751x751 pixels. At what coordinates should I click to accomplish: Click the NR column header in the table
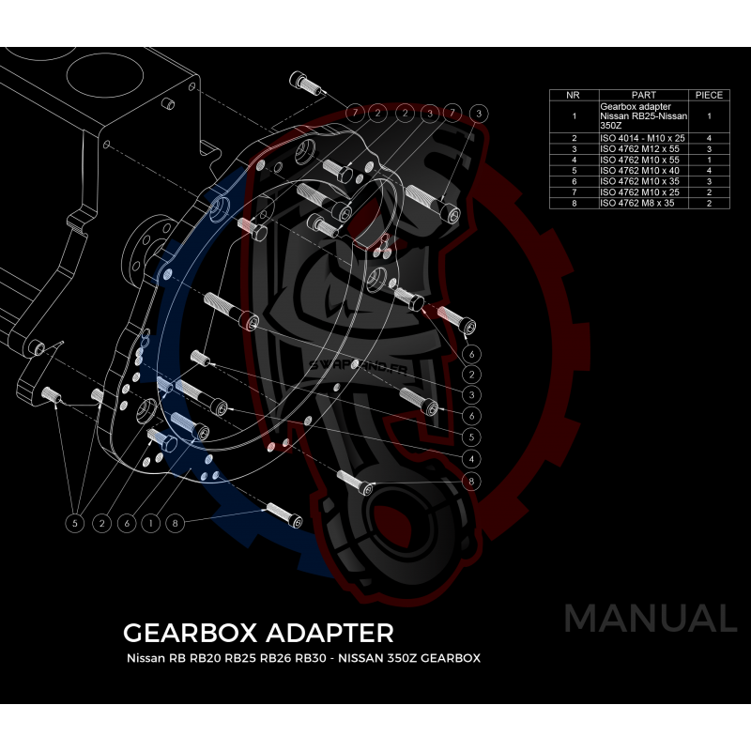(x=574, y=95)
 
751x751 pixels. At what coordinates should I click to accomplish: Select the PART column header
(x=643, y=95)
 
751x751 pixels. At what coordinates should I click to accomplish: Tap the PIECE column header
(x=709, y=95)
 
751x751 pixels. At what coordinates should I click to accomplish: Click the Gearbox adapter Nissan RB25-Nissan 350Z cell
(x=643, y=115)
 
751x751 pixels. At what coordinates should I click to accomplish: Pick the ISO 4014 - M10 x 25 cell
(x=643, y=138)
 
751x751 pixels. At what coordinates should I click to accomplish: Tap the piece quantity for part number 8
(x=709, y=203)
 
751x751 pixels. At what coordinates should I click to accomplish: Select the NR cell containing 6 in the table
(x=574, y=181)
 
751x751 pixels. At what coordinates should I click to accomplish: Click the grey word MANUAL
(x=650, y=619)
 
